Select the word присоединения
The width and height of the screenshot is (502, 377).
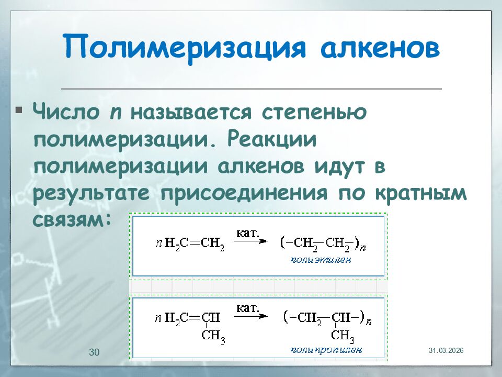pos(245,194)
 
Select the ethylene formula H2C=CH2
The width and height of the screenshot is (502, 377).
pos(194,242)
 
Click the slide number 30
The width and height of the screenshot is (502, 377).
pos(94,352)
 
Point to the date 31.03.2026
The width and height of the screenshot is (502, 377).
pos(446,350)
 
